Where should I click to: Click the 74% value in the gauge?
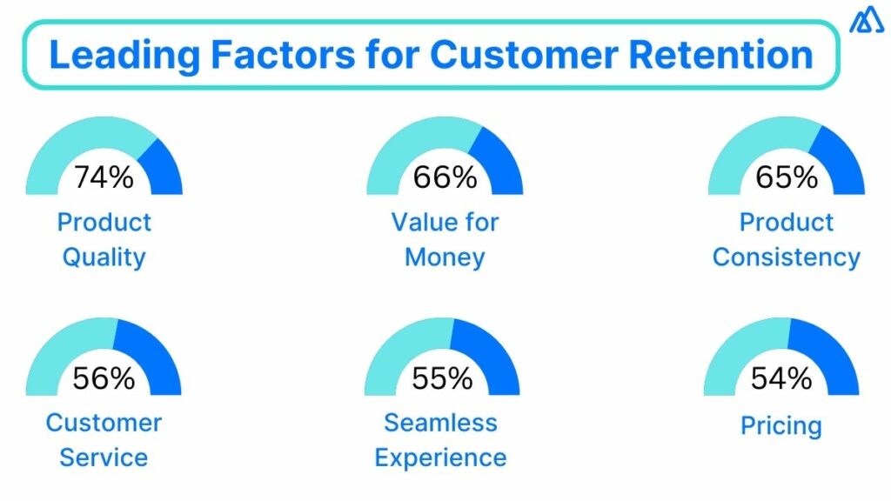(104, 177)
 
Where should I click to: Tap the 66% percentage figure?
(445, 177)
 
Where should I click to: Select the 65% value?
(786, 177)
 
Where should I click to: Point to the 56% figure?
(104, 378)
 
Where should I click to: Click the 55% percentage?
(442, 378)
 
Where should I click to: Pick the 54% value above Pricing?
(781, 378)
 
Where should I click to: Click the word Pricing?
(781, 426)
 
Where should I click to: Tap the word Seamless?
(441, 423)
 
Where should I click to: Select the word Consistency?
(786, 257)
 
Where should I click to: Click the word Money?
(445, 257)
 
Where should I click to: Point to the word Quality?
(104, 257)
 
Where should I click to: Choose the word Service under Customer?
(104, 458)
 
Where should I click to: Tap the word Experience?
(441, 458)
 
